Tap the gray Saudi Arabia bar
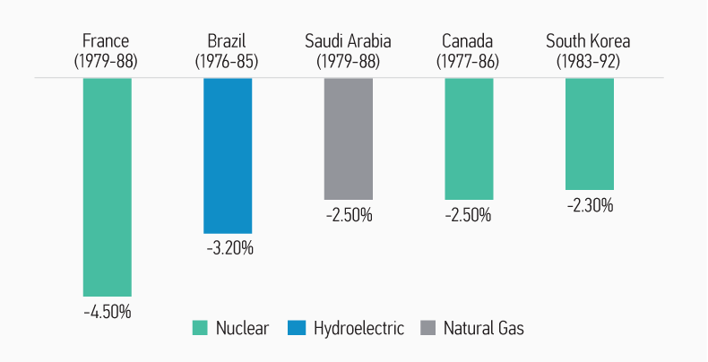tap(348, 138)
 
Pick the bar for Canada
tap(469, 138)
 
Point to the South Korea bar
tap(590, 134)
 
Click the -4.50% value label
tap(107, 312)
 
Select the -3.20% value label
tap(229, 248)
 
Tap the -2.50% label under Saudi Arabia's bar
tap(348, 215)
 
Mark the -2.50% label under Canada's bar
tap(468, 215)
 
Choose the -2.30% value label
tap(590, 205)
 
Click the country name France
tap(106, 41)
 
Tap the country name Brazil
tap(228, 41)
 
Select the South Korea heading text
tap(588, 41)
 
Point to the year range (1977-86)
tap(468, 62)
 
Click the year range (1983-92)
tap(589, 62)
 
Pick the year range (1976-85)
tap(228, 62)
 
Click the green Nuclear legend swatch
tap(200, 328)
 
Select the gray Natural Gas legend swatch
tap(427, 328)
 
